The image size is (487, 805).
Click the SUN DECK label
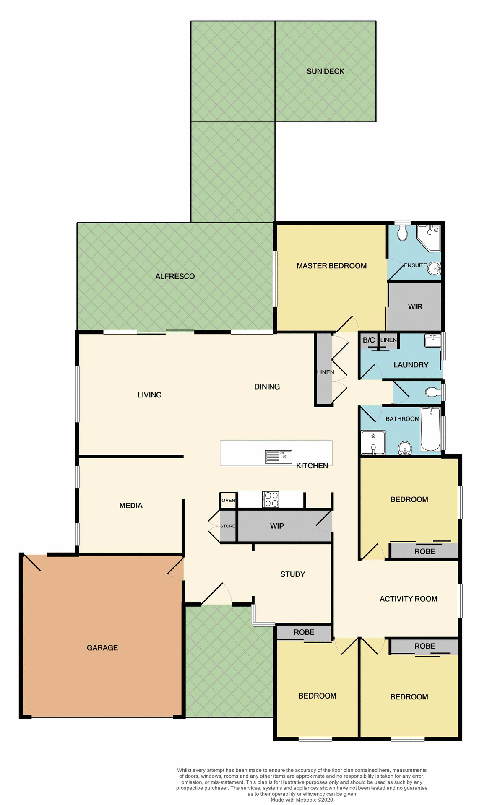click(325, 72)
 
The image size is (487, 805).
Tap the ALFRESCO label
click(175, 277)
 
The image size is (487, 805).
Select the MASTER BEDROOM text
click(331, 266)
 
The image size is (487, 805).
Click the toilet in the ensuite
click(402, 233)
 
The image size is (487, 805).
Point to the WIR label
click(415, 307)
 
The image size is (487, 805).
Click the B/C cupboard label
click(369, 340)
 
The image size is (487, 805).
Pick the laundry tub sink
click(432, 340)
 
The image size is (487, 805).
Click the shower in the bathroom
click(373, 443)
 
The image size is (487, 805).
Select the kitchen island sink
click(279, 457)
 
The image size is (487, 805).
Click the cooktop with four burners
click(271, 499)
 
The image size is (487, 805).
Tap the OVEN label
click(228, 500)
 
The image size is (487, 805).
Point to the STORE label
click(227, 526)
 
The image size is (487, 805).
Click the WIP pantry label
click(277, 526)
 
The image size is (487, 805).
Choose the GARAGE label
click(102, 648)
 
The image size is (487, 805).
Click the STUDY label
click(292, 574)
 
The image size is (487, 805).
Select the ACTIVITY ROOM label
click(408, 599)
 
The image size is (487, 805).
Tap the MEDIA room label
click(131, 506)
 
